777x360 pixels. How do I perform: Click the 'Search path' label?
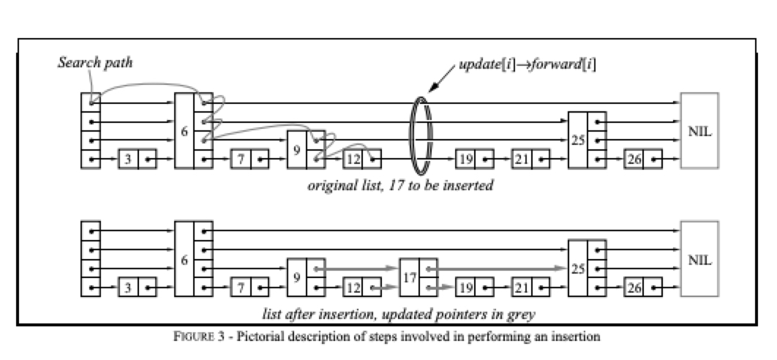(96, 63)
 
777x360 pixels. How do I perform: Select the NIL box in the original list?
(699, 131)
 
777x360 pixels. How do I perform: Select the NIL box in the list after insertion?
(699, 259)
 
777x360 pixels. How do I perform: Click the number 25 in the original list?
(578, 140)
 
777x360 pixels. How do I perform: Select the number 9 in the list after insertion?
(296, 277)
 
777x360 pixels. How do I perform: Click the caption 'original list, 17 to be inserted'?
(400, 186)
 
